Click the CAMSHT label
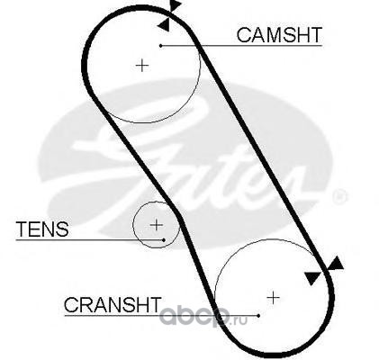(279, 35)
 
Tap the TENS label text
(42, 229)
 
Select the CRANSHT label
(113, 305)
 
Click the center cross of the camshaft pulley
(142, 66)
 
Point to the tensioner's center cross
(157, 225)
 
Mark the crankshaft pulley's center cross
(273, 298)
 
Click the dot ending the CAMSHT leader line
(161, 46)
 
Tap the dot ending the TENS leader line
(164, 240)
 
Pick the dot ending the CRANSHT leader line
(258, 316)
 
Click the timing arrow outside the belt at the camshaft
(176, 5)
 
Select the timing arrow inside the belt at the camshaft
(164, 24)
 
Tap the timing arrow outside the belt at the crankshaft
(336, 264)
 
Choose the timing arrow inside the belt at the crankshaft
(312, 278)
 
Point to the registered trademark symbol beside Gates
(339, 196)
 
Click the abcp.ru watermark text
(203, 317)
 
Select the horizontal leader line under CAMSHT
(241, 46)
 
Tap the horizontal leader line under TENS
(90, 240)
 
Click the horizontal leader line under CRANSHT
(161, 316)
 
